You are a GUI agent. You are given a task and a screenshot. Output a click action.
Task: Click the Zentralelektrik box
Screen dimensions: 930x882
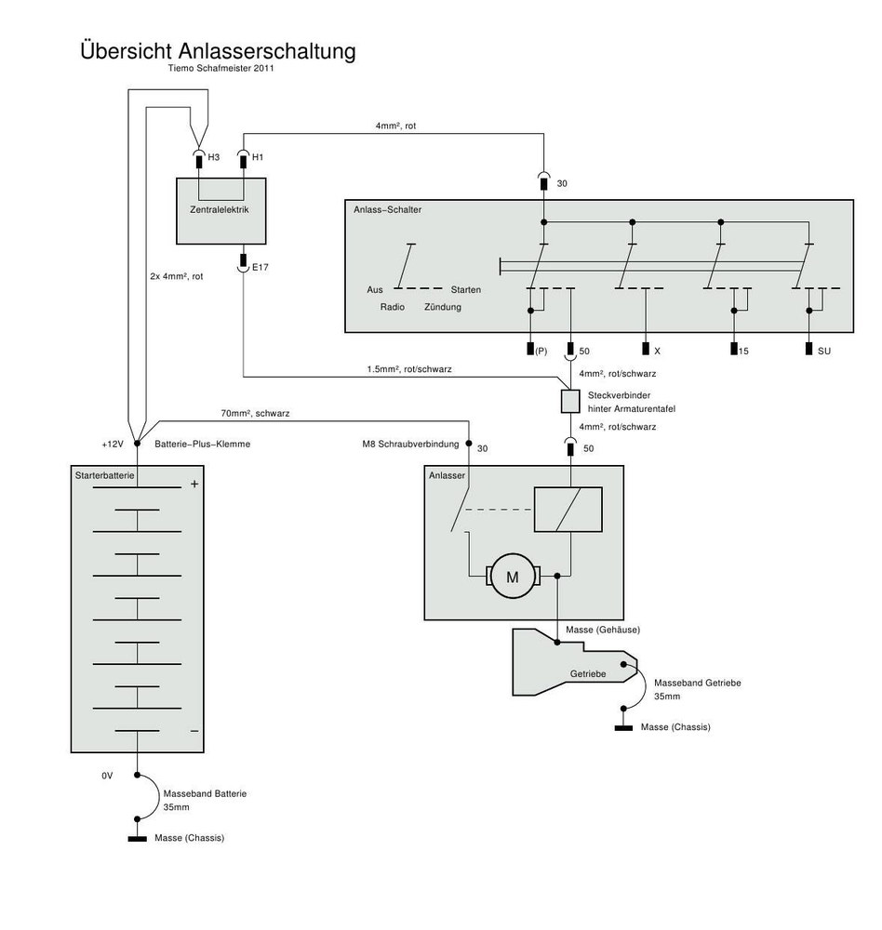click(x=219, y=211)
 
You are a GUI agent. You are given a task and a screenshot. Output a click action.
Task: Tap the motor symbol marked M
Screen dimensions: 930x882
click(x=511, y=578)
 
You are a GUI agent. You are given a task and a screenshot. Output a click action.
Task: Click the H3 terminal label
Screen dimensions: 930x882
click(x=214, y=158)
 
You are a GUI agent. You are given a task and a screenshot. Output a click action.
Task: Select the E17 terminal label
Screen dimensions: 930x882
click(x=261, y=268)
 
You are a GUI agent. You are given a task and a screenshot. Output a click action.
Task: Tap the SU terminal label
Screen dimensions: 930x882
click(x=824, y=351)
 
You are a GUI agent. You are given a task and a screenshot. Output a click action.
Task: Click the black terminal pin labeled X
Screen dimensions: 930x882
click(x=645, y=350)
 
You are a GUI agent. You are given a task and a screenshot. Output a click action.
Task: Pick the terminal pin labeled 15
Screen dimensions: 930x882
click(x=733, y=350)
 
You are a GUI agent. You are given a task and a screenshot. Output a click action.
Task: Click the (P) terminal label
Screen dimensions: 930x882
click(x=541, y=351)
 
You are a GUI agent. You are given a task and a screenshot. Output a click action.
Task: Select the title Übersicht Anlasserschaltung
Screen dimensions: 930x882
click(x=218, y=50)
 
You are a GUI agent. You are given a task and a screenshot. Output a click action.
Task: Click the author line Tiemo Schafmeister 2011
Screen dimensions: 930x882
click(x=221, y=68)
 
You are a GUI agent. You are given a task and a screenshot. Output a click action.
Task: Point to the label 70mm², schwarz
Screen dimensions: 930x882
click(x=261, y=411)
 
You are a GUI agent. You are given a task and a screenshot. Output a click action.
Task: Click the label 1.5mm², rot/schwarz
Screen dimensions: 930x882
click(x=410, y=368)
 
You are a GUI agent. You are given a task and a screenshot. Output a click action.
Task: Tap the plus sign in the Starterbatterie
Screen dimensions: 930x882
click(x=194, y=484)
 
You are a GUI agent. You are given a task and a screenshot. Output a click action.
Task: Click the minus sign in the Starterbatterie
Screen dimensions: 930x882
click(x=194, y=731)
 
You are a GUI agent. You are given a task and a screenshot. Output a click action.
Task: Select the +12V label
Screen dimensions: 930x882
click(x=113, y=445)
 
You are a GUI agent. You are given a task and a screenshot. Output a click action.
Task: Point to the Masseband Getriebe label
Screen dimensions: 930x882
click(x=697, y=683)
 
